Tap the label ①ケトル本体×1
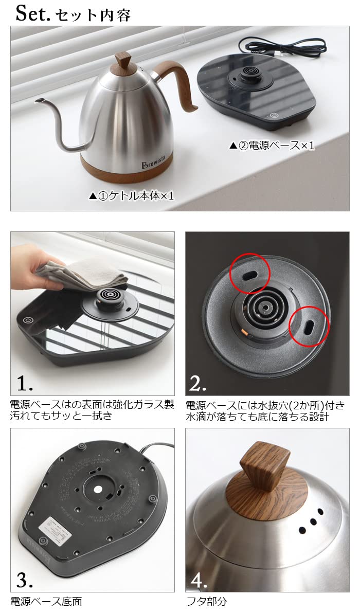(132, 196)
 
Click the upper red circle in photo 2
(250, 272)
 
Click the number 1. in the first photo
(25, 383)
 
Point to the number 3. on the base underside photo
(25, 580)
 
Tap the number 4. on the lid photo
(200, 580)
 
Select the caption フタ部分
(206, 601)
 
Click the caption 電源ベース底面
(46, 601)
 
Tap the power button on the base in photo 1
(27, 320)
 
